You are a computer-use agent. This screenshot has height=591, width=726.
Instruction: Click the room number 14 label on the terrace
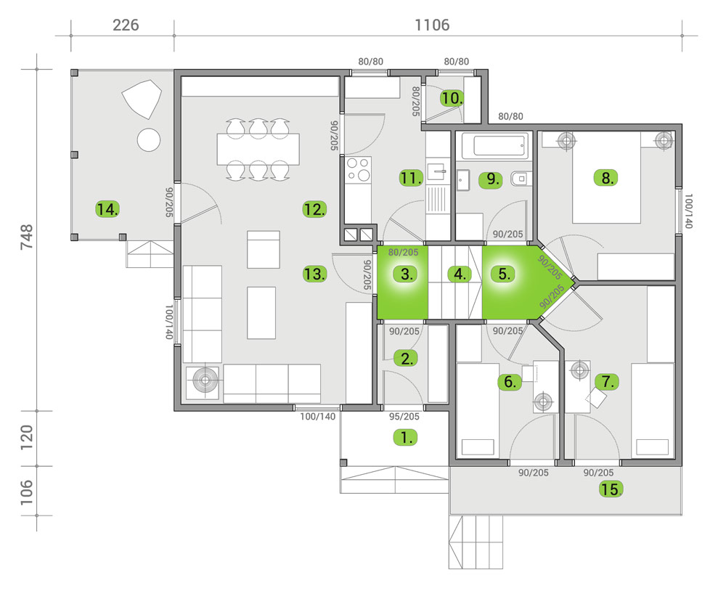(107, 210)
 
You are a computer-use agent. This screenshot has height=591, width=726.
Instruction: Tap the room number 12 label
(314, 210)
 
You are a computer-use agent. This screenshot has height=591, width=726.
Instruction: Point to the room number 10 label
(452, 98)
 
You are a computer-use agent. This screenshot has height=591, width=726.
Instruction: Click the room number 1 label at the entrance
(405, 437)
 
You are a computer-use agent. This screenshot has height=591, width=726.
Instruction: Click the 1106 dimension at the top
(432, 25)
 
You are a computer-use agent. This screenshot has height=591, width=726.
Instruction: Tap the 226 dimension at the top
(126, 25)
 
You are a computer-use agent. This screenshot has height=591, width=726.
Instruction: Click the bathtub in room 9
(494, 147)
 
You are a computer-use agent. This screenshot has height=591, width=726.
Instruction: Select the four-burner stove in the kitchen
(357, 170)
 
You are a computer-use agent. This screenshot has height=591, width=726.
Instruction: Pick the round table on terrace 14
(149, 139)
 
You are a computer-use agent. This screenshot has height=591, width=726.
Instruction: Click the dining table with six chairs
(258, 150)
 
